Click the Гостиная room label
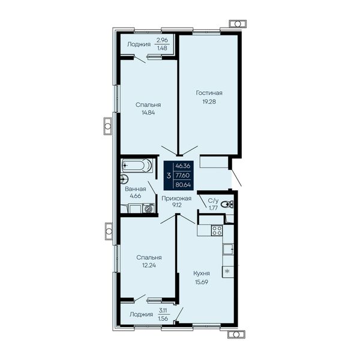pyautogui.click(x=209, y=93)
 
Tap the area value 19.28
pyautogui.click(x=209, y=101)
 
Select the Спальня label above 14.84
pyautogui.click(x=148, y=105)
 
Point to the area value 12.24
pyautogui.click(x=149, y=265)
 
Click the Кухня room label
pyautogui.click(x=202, y=274)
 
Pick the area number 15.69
pyautogui.click(x=202, y=282)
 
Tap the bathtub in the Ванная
pyautogui.click(x=137, y=165)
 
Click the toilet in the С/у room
pyautogui.click(x=227, y=204)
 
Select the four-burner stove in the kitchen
pyautogui.click(x=217, y=230)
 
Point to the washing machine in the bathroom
pyautogui.click(x=148, y=208)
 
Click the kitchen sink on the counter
pyautogui.click(x=228, y=249)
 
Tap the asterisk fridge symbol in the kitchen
pyautogui.click(x=227, y=272)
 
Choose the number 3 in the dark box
pyautogui.click(x=169, y=176)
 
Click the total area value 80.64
pyautogui.click(x=183, y=185)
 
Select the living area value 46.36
pyautogui.click(x=183, y=166)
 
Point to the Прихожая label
pyautogui.click(x=176, y=199)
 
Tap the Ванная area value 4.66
pyautogui.click(x=136, y=196)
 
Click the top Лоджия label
pyautogui.click(x=139, y=44)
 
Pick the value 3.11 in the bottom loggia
pyautogui.click(x=163, y=311)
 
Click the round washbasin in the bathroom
pyautogui.click(x=124, y=179)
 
